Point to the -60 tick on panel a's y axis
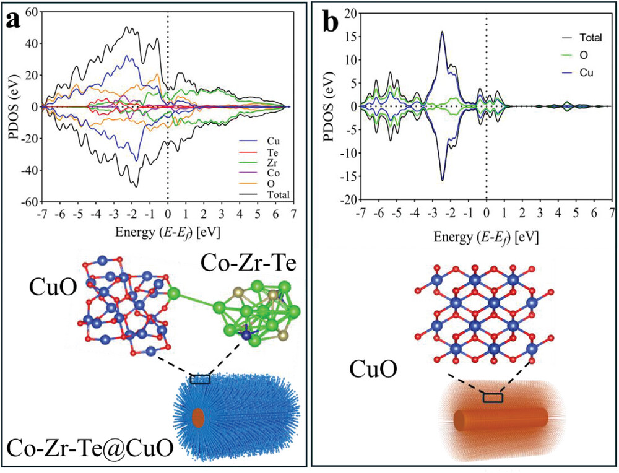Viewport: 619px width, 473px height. [28, 202]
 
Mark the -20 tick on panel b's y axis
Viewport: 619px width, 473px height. [348, 201]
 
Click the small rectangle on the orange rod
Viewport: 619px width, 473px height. [493, 397]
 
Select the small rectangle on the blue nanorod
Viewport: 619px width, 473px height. [200, 379]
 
